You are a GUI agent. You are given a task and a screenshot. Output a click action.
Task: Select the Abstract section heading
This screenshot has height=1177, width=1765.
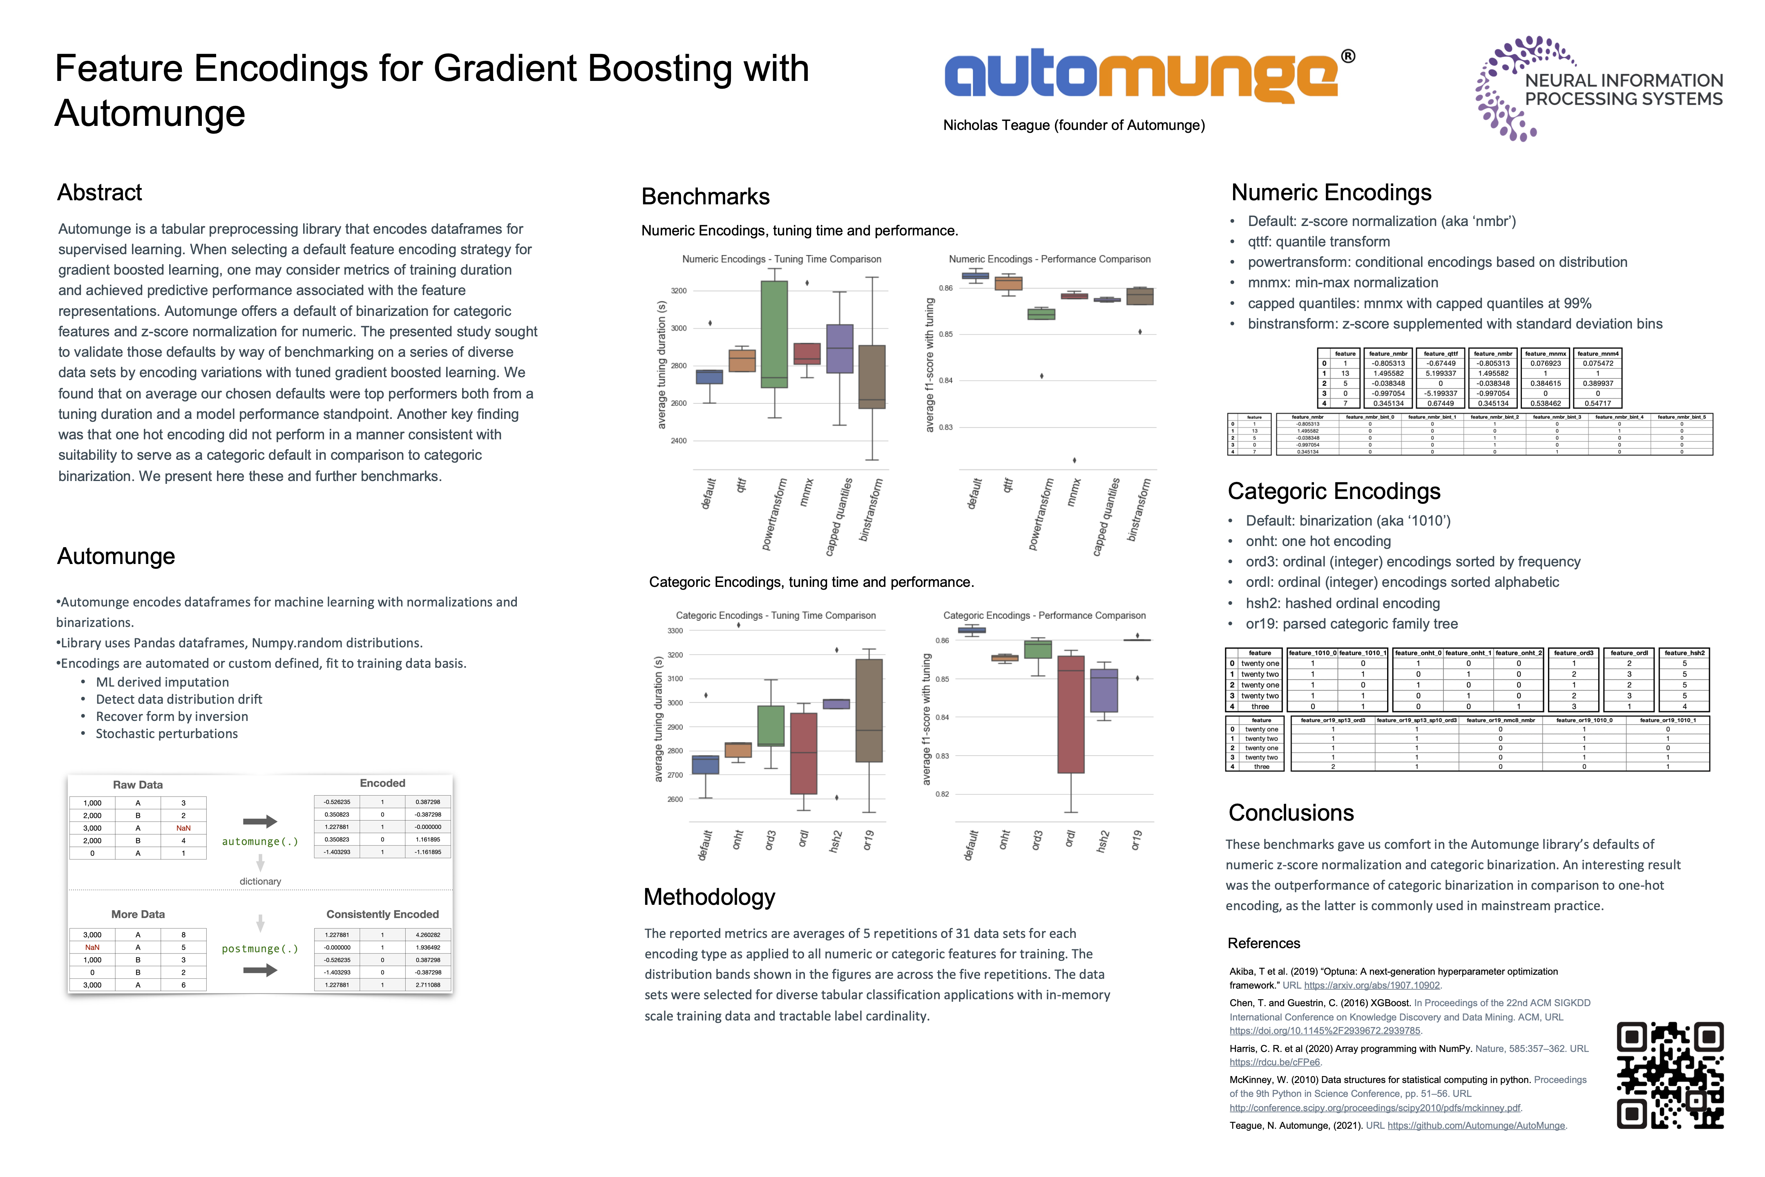point(100,193)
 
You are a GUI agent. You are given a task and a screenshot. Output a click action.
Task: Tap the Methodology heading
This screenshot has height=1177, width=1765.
point(709,897)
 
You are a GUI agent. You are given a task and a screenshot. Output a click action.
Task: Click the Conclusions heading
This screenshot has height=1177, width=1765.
point(1291,813)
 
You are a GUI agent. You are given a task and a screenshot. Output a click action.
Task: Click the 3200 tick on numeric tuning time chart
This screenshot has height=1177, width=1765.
point(678,291)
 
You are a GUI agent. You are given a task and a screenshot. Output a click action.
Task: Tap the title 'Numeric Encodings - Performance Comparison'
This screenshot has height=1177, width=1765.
point(1049,259)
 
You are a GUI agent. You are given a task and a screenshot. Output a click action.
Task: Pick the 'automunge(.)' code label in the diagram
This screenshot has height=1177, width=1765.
point(260,841)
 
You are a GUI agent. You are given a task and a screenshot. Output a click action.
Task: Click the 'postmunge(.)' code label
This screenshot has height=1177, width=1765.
point(260,949)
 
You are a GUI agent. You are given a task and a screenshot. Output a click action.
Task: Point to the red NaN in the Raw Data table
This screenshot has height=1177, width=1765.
point(183,828)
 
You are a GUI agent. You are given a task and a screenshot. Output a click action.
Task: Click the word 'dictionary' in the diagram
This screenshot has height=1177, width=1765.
point(260,881)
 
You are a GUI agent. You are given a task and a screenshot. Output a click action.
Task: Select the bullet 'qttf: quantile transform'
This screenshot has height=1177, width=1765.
point(1318,242)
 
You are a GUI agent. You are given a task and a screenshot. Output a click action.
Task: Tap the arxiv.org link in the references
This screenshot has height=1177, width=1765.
point(1372,986)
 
